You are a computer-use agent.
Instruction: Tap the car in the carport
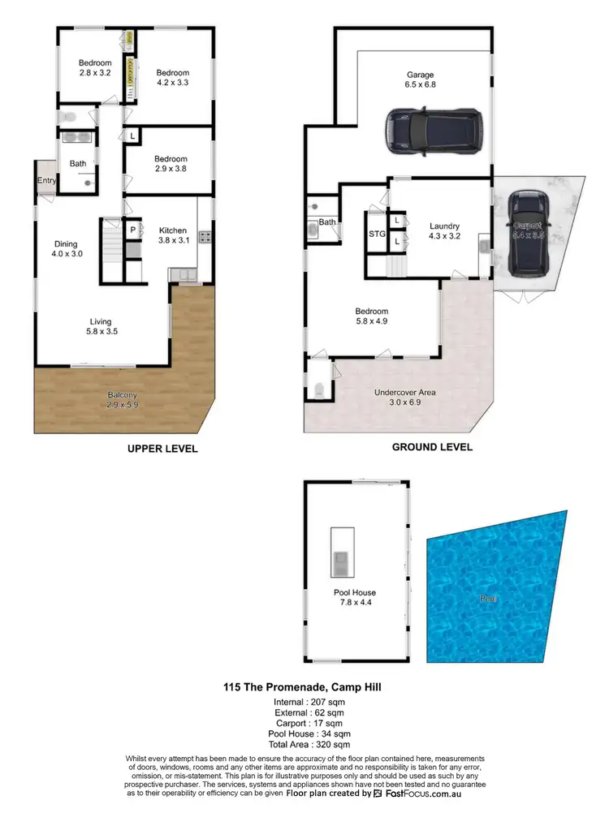528,235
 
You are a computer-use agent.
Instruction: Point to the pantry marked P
132,230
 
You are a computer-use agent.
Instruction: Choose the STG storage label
377,234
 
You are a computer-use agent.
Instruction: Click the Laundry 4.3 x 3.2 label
444,232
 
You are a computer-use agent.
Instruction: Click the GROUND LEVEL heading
432,447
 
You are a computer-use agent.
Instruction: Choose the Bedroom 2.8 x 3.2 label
94,68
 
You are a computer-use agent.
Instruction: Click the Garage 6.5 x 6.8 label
421,80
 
